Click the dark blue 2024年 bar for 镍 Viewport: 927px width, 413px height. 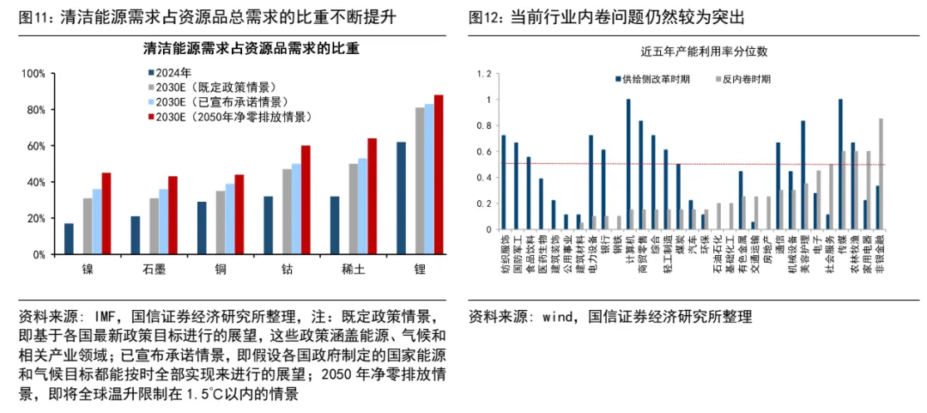[69, 239]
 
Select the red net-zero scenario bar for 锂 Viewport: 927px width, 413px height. [439, 174]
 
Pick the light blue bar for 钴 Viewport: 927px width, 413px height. [296, 209]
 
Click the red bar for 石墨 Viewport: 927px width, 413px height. [173, 216]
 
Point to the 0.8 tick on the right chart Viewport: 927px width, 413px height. [488, 125]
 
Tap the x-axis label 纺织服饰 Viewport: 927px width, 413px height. [505, 257]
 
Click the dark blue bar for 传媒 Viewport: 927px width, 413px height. [839, 164]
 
